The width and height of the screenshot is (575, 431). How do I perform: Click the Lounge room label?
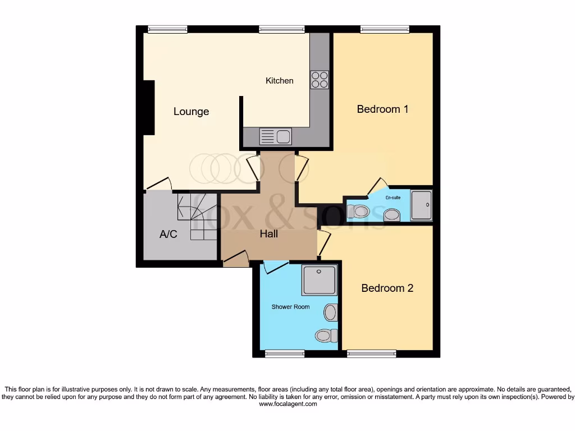[x=191, y=112]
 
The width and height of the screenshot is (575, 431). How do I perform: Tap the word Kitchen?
[x=279, y=81]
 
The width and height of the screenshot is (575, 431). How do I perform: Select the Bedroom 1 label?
[x=382, y=109]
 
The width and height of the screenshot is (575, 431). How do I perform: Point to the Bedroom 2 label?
[x=387, y=288]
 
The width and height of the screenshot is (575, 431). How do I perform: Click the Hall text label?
[x=268, y=234]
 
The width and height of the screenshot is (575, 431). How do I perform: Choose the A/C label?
[x=168, y=234]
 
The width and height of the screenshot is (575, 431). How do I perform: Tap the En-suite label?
[x=393, y=198]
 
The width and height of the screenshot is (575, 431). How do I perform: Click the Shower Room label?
[x=290, y=307]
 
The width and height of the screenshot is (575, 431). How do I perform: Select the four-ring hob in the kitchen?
[x=320, y=80]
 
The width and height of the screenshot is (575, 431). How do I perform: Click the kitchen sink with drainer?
[x=275, y=136]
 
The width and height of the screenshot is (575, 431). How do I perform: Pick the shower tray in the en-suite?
[x=421, y=205]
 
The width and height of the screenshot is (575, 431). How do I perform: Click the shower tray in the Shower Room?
[x=319, y=280]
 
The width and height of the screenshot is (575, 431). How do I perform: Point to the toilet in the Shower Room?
[x=325, y=335]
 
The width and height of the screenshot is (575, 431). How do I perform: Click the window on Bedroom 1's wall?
[x=385, y=29]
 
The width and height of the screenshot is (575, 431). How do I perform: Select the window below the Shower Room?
[x=284, y=354]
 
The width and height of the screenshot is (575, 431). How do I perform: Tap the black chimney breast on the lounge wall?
[x=148, y=107]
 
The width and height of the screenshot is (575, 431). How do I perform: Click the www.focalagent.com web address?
[x=287, y=404]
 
